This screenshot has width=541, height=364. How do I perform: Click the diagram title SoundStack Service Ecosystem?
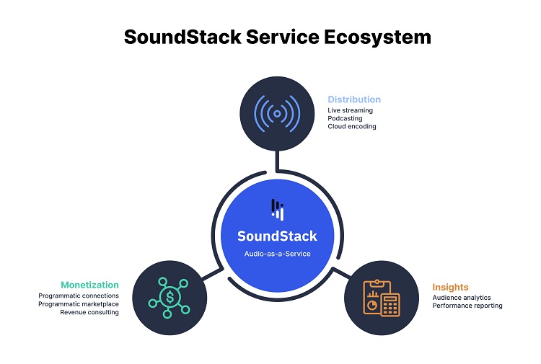(277, 37)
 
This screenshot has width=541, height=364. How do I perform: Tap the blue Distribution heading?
(354, 99)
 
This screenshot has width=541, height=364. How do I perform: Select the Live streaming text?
(350, 110)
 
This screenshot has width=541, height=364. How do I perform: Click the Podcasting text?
(345, 118)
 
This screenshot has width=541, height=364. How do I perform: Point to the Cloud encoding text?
(351, 126)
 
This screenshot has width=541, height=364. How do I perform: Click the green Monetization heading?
(90, 285)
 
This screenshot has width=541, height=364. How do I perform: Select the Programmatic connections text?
(79, 296)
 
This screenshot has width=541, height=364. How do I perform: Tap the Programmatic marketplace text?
(79, 304)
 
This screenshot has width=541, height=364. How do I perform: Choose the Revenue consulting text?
(89, 312)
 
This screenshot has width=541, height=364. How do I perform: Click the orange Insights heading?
(450, 287)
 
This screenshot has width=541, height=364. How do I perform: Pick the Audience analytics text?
(462, 298)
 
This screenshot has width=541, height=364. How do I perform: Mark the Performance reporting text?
(467, 306)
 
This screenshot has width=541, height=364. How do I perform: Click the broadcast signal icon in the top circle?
(277, 114)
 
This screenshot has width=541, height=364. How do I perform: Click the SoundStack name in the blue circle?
(277, 236)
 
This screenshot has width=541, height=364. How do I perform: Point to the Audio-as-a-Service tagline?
(277, 254)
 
